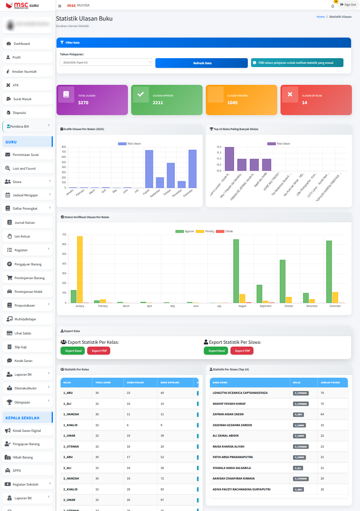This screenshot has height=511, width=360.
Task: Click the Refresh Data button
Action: tap(201, 63)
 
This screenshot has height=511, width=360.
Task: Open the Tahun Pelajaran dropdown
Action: tap(106, 62)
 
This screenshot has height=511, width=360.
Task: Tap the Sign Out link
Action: tap(348, 5)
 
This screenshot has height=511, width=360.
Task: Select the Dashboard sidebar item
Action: tap(22, 44)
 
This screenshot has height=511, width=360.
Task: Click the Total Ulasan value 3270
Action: tap(83, 103)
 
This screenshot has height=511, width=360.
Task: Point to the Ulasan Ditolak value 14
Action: tap(305, 103)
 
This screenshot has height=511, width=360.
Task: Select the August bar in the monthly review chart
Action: tap(149, 169)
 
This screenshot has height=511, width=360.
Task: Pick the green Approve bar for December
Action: tap(329, 271)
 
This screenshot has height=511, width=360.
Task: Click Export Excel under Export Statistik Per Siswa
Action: tap(216, 351)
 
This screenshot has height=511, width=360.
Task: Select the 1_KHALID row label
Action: tap(70, 425)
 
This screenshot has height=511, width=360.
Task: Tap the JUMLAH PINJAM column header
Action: tap(330, 382)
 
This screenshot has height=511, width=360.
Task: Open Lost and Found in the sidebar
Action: tap(24, 168)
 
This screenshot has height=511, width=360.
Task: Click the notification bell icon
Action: tap(333, 6)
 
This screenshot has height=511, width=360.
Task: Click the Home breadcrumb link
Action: tap(320, 17)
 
